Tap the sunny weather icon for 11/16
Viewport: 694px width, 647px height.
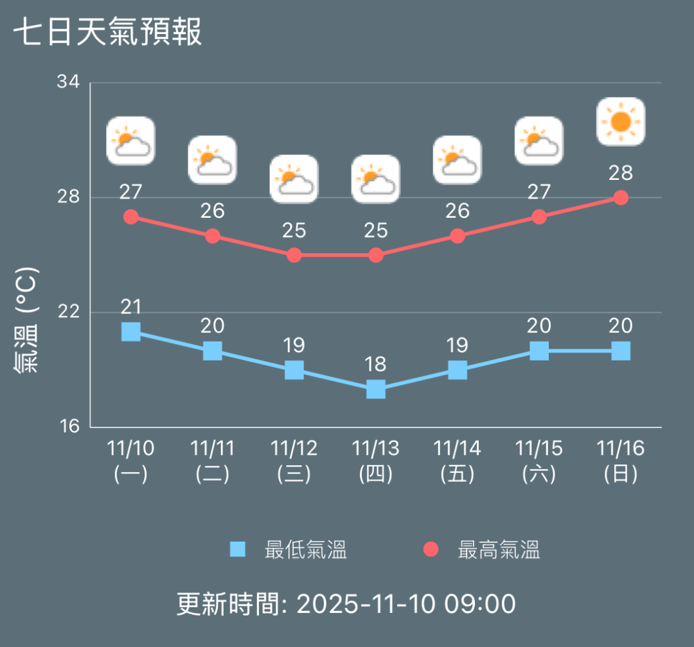pos(621,121)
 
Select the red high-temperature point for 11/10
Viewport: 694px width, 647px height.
pos(131,217)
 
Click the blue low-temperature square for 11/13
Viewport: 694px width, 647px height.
pos(376,389)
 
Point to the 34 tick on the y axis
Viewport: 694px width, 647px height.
pos(68,82)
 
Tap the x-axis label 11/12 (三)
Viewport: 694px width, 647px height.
pos(294,461)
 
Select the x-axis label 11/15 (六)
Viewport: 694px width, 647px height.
pos(539,461)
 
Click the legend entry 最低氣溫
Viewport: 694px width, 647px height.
pos(289,550)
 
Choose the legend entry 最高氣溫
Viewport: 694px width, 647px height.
pos(482,550)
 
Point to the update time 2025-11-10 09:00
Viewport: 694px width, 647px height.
pos(346,604)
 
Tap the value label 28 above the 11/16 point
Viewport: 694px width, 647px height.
pos(621,173)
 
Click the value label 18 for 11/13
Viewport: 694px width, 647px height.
pos(376,364)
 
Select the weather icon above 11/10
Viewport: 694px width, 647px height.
pos(131,141)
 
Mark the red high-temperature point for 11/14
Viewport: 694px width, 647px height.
pos(458,236)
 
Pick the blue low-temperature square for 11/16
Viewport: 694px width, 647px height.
pos(621,351)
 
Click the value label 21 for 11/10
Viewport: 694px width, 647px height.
pos(131,307)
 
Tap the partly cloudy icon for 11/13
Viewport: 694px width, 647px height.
pos(376,179)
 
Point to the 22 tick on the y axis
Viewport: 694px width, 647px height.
pos(68,312)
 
